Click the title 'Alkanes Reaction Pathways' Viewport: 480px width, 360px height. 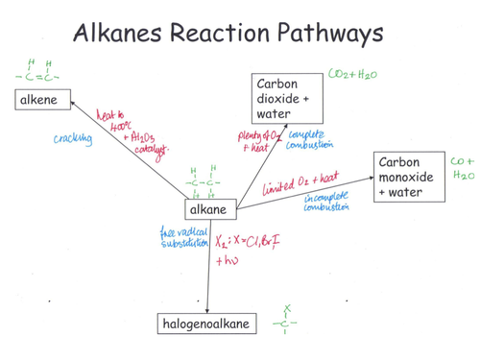pyautogui.click(x=228, y=34)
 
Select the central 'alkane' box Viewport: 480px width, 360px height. pyautogui.click(x=209, y=210)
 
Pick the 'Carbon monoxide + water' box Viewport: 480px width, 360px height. pyautogui.click(x=411, y=178)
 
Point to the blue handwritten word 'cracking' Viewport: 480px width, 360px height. pyautogui.click(x=72, y=139)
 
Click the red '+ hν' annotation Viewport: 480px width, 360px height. pyautogui.click(x=228, y=260)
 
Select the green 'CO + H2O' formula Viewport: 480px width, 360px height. pyautogui.click(x=462, y=170)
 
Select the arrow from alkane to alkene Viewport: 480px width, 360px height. pyautogui.click(x=125, y=154)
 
